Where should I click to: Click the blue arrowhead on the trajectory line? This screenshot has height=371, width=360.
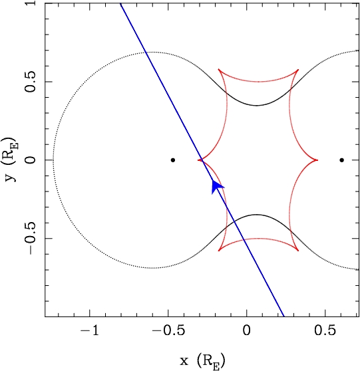tap(216, 187)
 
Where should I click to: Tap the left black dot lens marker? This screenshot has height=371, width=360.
tap(173, 160)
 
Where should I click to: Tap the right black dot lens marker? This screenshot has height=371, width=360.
tap(341, 160)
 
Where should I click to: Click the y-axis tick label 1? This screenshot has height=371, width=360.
tap(30, 3)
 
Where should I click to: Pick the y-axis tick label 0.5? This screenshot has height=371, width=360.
tap(30, 82)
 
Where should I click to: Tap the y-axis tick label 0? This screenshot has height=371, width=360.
tap(30, 160)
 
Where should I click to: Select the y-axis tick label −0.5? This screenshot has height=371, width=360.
tap(30, 239)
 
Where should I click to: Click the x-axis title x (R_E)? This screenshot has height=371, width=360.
tap(202, 361)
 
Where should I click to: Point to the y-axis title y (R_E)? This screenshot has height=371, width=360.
tap(11, 159)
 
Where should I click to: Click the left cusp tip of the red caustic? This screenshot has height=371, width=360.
tap(198, 160)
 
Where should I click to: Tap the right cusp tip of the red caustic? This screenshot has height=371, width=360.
tap(317, 160)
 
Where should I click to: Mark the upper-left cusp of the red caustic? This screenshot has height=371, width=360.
tap(219, 70)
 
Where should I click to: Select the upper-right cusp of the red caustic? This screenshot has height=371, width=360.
tap(298, 70)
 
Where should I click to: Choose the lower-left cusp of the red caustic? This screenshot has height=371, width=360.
tap(219, 251)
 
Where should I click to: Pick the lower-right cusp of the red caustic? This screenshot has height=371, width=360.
tap(298, 251)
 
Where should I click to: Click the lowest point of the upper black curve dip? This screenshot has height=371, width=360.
tap(256, 105)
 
